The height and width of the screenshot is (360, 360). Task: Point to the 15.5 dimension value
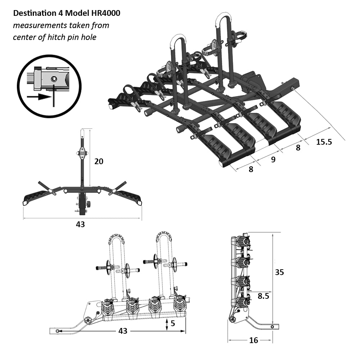[324, 142]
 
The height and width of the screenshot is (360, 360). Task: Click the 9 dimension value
[273, 159]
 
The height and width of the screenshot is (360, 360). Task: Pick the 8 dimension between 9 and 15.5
[298, 147]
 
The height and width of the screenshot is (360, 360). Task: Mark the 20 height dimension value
[99, 161]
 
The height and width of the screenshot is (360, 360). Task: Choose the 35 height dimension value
[279, 272]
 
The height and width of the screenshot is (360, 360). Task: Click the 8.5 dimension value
[264, 296]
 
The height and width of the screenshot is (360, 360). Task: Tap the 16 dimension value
[254, 340]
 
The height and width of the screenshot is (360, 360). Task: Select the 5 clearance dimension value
[173, 323]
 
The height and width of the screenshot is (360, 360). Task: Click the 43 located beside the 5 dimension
[123, 331]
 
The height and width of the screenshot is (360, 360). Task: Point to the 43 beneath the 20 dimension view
[80, 224]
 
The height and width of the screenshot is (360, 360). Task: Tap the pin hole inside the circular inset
[54, 78]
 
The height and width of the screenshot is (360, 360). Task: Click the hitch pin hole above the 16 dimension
[273, 327]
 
